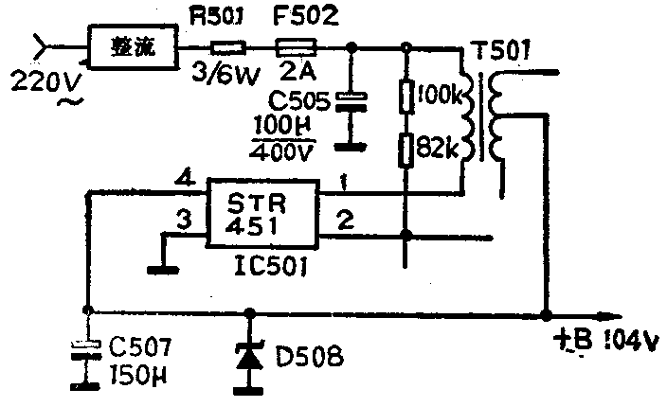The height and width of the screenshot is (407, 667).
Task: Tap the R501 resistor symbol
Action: [227, 45]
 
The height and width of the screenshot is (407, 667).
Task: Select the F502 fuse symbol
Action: [296, 45]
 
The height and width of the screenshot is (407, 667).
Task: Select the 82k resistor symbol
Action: [406, 149]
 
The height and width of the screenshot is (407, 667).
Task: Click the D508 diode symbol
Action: [250, 357]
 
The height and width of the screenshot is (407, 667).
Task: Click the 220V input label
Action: [45, 83]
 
